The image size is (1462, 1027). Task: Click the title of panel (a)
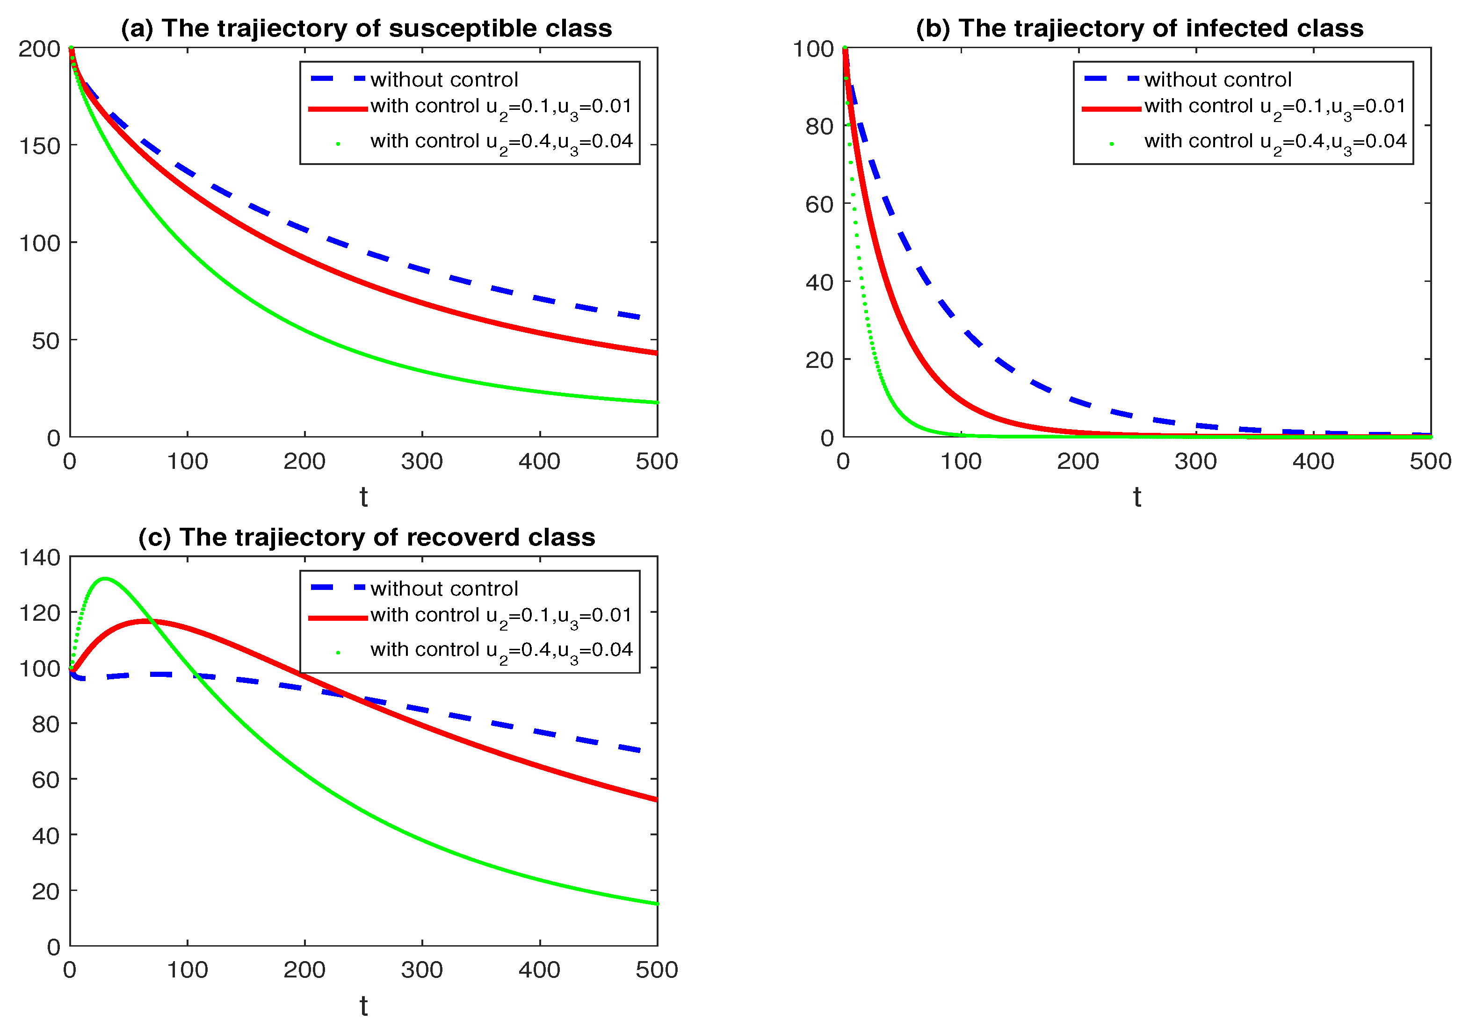pyautogui.click(x=366, y=29)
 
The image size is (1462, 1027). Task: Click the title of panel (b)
pyautogui.click(x=1139, y=29)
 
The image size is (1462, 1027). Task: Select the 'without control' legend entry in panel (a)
pyautogui.click(x=444, y=79)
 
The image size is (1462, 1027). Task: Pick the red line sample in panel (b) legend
pyautogui.click(x=1111, y=109)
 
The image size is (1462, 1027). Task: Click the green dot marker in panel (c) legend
pyautogui.click(x=338, y=652)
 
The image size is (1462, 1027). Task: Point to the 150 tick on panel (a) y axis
pyautogui.click(x=39, y=146)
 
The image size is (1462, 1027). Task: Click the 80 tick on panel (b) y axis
pyautogui.click(x=819, y=127)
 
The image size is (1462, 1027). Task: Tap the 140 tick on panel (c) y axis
pyautogui.click(x=39, y=557)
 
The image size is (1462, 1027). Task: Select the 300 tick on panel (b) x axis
pyautogui.click(x=1195, y=461)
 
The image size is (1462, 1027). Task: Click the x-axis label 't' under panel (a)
pyautogui.click(x=363, y=497)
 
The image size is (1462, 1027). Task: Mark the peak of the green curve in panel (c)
pyautogui.click(x=105, y=578)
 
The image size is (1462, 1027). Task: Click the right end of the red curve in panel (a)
pyautogui.click(x=656, y=352)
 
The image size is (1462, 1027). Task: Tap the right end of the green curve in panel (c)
pyautogui.click(x=656, y=904)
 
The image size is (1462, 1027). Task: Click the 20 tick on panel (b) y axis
pyautogui.click(x=819, y=360)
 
